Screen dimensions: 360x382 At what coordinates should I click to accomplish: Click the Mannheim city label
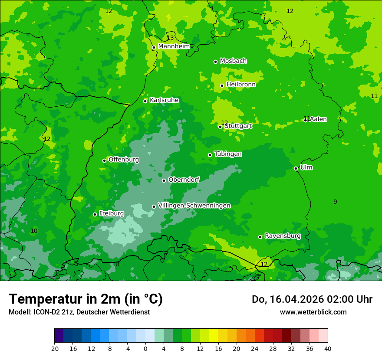click(174, 46)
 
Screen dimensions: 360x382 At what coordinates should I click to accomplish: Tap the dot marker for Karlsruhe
click(145, 101)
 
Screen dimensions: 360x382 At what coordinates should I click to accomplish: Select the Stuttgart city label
click(238, 126)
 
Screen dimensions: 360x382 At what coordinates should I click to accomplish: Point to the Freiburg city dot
click(95, 214)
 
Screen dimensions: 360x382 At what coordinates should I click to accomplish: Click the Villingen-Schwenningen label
click(194, 206)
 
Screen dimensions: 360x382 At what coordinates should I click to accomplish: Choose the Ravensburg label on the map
click(283, 236)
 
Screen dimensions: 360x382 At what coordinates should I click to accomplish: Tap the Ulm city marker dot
click(296, 168)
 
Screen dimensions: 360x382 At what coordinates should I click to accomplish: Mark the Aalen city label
click(318, 119)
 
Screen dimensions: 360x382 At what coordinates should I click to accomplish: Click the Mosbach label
click(233, 61)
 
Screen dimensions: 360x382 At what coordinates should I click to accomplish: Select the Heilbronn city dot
click(222, 85)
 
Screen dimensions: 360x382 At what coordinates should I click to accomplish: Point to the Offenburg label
click(124, 160)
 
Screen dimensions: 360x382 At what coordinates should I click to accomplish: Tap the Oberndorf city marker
click(164, 180)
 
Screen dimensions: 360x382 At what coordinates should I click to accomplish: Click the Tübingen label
click(228, 154)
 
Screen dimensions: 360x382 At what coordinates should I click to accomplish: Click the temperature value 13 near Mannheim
click(170, 38)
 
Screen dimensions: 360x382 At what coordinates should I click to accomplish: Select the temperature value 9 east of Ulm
click(335, 202)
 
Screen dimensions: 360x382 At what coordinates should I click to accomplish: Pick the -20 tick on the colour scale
click(54, 348)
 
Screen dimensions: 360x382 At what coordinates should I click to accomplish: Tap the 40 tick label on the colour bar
click(327, 348)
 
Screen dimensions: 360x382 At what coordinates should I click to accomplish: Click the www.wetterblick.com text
click(313, 312)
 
